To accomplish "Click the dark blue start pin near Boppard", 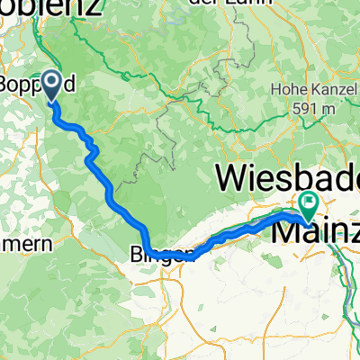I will [49, 85].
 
